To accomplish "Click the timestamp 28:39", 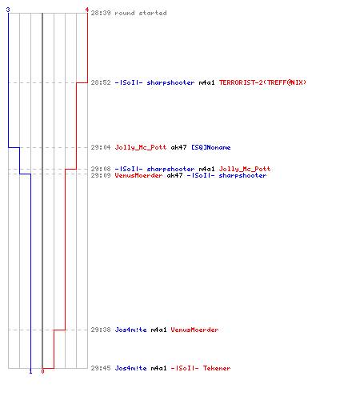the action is click(x=101, y=13).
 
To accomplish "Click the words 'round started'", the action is click(x=141, y=13).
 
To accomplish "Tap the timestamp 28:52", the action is click(x=101, y=82).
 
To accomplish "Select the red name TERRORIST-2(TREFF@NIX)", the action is click(x=262, y=82).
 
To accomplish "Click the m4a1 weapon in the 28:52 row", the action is click(x=206, y=82).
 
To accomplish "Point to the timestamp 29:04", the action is click(x=101, y=147).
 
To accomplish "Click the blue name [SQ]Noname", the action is click(x=211, y=147).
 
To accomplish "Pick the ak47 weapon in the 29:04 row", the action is click(x=178, y=147).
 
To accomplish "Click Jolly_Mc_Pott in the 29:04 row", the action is click(x=141, y=147).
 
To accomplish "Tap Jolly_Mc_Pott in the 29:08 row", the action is click(x=245, y=169).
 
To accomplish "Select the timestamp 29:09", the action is click(x=101, y=175).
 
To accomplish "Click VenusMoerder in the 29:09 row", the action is click(x=138, y=175).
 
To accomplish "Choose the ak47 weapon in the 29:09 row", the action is click(x=174, y=175).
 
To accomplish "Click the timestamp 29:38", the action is click(x=101, y=330).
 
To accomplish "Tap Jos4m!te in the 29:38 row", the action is click(x=130, y=330).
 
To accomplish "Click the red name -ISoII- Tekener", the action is click(x=201, y=368).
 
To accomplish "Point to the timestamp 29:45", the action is click(x=101, y=368).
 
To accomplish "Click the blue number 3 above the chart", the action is click(x=8, y=10).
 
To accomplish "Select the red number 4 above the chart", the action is click(x=87, y=10).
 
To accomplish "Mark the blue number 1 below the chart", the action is click(x=30, y=371).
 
